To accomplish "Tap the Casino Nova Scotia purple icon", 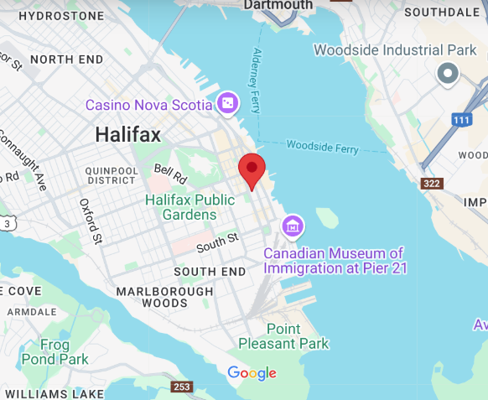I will tap(227, 104).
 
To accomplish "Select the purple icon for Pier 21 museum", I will tap(293, 226).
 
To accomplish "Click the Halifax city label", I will tap(128, 134).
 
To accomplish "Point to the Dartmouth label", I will tap(278, 5).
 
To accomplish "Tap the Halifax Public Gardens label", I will tap(189, 207).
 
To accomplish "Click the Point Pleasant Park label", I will tap(283, 335).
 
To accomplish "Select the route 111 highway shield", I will tap(459, 120).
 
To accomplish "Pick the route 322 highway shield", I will tap(431, 184).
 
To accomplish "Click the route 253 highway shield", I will tap(182, 387).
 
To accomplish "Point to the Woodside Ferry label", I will tap(322, 147).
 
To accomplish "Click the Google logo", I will tap(252, 373).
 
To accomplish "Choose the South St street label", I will tap(217, 242).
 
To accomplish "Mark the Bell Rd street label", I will tap(169, 174).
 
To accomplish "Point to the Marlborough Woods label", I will tap(164, 295).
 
